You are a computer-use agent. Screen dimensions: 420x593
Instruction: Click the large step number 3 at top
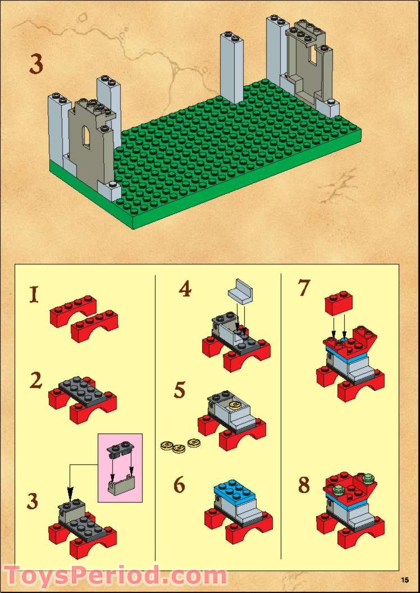tap(36, 65)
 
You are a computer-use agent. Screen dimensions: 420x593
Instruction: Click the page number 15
tap(405, 579)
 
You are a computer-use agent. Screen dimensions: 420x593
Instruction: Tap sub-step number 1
tap(34, 295)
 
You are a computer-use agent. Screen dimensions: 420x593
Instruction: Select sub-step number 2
tap(36, 381)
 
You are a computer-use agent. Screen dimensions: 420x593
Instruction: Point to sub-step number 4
tap(185, 289)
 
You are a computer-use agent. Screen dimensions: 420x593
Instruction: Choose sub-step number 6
tap(180, 485)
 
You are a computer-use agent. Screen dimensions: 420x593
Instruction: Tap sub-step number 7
tap(304, 288)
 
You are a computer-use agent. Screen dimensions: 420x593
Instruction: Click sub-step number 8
tap(304, 485)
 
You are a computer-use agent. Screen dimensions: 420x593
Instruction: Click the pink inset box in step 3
tap(120, 468)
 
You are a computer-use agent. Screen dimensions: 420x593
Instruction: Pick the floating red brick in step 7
tap(339, 302)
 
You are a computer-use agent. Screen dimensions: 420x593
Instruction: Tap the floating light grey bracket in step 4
tap(240, 291)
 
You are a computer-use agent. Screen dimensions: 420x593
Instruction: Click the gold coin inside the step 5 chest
tap(237, 405)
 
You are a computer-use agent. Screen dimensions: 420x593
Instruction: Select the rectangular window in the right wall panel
tap(313, 55)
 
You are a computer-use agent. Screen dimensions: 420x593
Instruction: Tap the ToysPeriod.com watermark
tap(116, 575)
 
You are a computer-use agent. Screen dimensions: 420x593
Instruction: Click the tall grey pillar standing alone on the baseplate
tap(231, 68)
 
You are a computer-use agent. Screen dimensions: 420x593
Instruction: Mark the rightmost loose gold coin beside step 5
tap(194, 443)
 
